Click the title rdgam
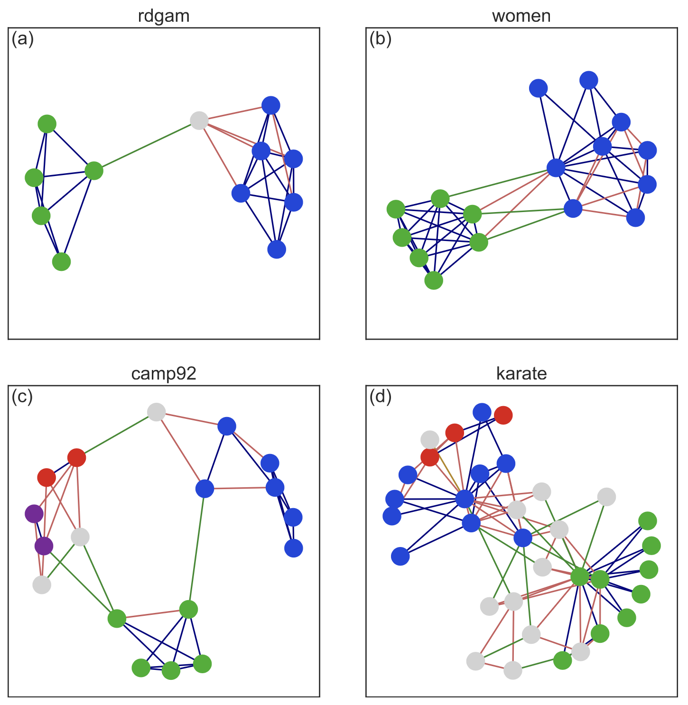pyautogui.click(x=164, y=16)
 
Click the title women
pyautogui.click(x=521, y=16)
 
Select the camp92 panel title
pyautogui.click(x=164, y=374)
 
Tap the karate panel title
pyautogui.click(x=521, y=374)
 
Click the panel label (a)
pyautogui.click(x=22, y=39)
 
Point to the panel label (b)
pyautogui.click(x=380, y=39)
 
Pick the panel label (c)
pyautogui.click(x=22, y=397)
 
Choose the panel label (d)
pyautogui.click(x=380, y=397)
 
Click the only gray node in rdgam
pyautogui.click(x=199, y=121)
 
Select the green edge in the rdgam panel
pyautogui.click(x=147, y=146)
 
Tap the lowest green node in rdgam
pyautogui.click(x=61, y=261)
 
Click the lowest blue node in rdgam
pyautogui.click(x=277, y=249)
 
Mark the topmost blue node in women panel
pyautogui.click(x=589, y=80)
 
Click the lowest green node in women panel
pyautogui.click(x=434, y=280)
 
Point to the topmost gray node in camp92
pyautogui.click(x=156, y=412)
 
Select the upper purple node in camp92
pyautogui.click(x=34, y=513)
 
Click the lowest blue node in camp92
pyautogui.click(x=294, y=548)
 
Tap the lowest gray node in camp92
pyautogui.click(x=42, y=584)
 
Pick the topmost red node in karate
pyautogui.click(x=503, y=415)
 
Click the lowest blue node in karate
pyautogui.click(x=400, y=557)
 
